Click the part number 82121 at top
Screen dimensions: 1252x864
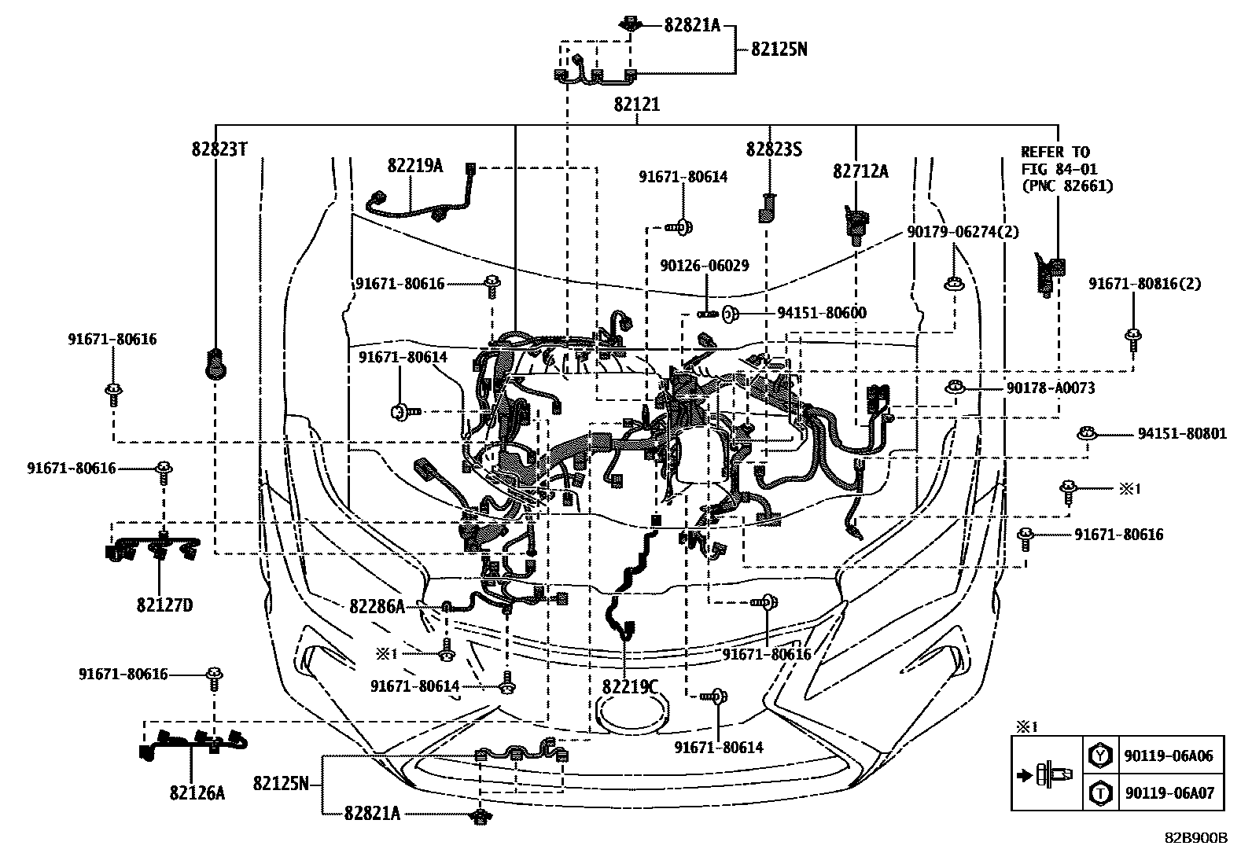(637, 105)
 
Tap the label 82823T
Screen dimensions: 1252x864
(219, 149)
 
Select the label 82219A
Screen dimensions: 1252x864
(414, 165)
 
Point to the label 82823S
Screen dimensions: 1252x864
(774, 149)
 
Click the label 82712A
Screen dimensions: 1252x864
(860, 171)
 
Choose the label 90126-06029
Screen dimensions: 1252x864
(705, 266)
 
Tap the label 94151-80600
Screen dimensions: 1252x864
(822, 313)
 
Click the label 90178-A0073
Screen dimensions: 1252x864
(1051, 388)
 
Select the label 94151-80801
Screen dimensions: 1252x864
(1182, 434)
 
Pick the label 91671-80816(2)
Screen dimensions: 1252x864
(1144, 284)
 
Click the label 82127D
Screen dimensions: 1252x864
(164, 605)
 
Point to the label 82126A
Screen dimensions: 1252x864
(197, 792)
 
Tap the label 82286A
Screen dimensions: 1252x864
(377, 606)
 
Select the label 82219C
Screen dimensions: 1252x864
(630, 686)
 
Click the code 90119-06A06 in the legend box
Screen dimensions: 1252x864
(1169, 756)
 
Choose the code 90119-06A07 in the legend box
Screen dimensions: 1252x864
(1169, 793)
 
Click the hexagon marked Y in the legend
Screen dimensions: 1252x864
(1100, 756)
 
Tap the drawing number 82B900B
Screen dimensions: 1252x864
(1196, 838)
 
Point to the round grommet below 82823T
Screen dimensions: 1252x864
(216, 363)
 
